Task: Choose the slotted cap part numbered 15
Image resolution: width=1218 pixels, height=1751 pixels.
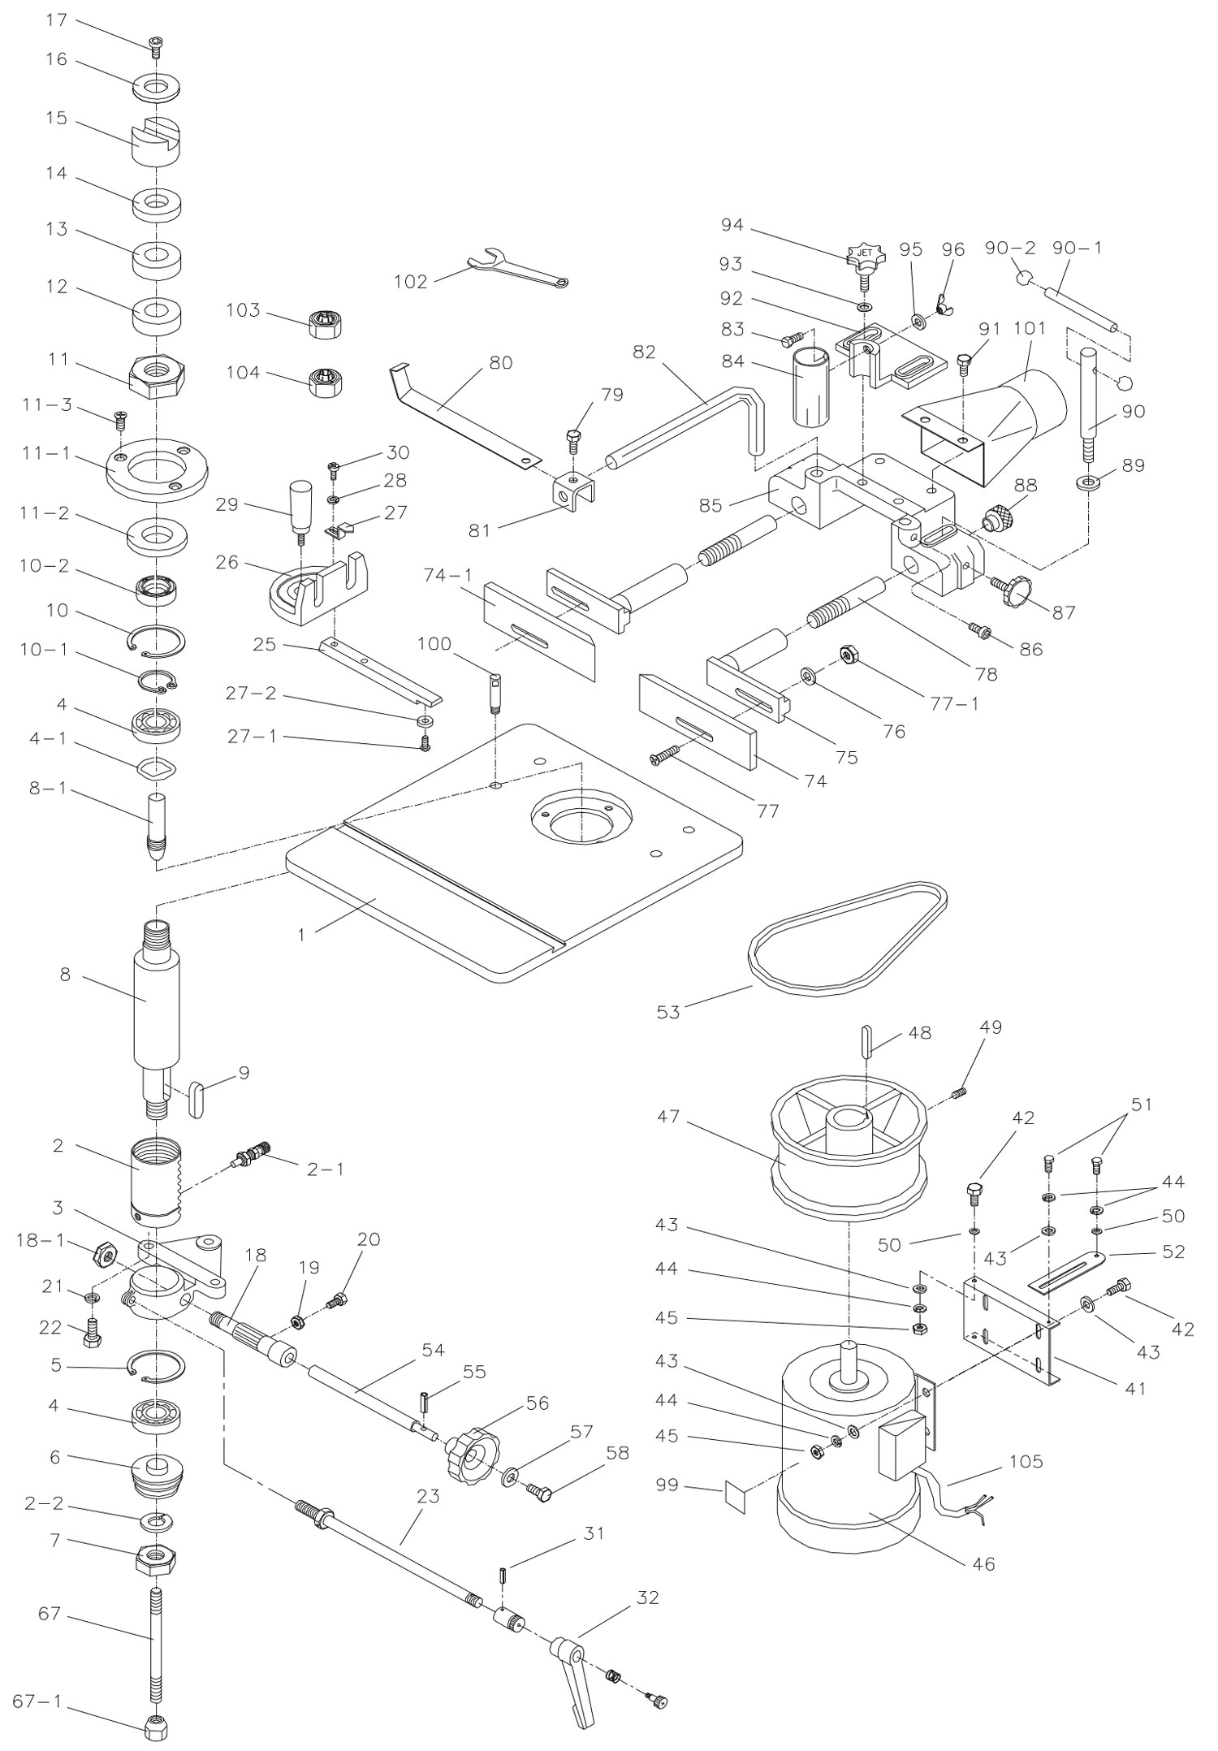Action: click(157, 142)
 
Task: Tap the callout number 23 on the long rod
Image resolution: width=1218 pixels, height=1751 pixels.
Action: click(428, 1497)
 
